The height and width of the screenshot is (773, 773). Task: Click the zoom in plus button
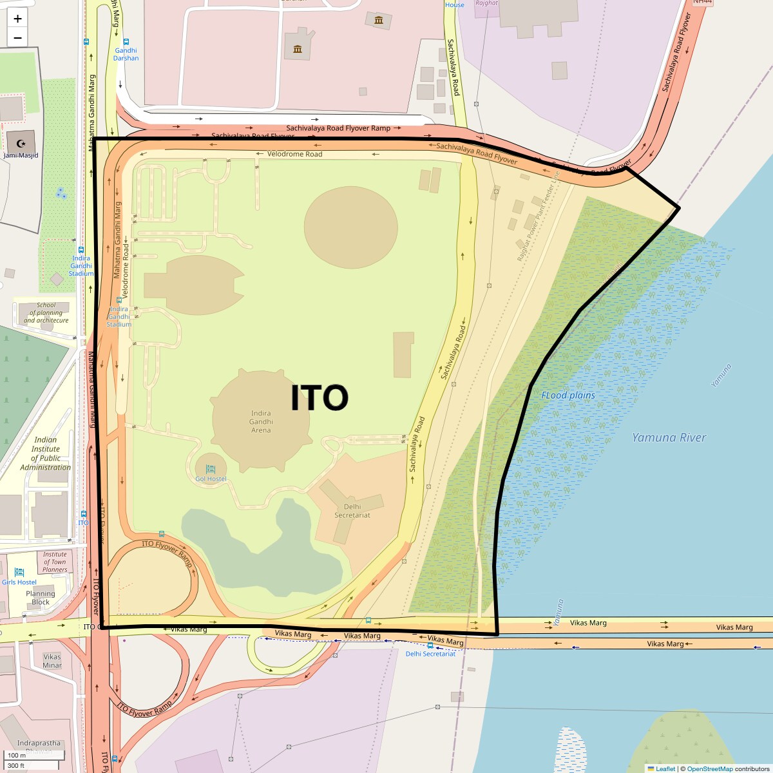pos(17,19)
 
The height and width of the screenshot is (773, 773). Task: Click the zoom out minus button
pos(17,37)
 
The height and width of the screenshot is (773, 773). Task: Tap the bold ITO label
pos(320,398)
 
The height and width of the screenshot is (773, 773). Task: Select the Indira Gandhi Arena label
pos(261,422)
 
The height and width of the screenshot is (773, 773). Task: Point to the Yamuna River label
pos(669,437)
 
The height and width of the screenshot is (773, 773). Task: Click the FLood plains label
pos(568,396)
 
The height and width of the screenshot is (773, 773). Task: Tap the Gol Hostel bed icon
pos(211,469)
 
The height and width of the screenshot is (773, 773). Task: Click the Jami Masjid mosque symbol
pos(21,143)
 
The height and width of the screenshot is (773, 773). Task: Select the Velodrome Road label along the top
pos(294,155)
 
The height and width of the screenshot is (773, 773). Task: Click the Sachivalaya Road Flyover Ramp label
pos(338,129)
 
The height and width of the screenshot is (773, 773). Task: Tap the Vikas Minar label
pos(52,661)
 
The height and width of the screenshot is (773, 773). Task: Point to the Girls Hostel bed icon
pos(19,572)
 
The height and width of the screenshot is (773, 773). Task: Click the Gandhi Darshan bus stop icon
pos(126,41)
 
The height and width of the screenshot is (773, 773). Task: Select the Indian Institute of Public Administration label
pos(45,453)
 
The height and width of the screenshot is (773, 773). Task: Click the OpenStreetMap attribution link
pos(709,768)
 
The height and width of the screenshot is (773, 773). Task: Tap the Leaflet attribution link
pos(665,768)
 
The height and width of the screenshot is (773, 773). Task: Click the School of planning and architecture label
pos(46,312)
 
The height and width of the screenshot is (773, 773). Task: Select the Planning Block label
pos(41,598)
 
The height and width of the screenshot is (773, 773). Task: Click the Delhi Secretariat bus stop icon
pos(430,645)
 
